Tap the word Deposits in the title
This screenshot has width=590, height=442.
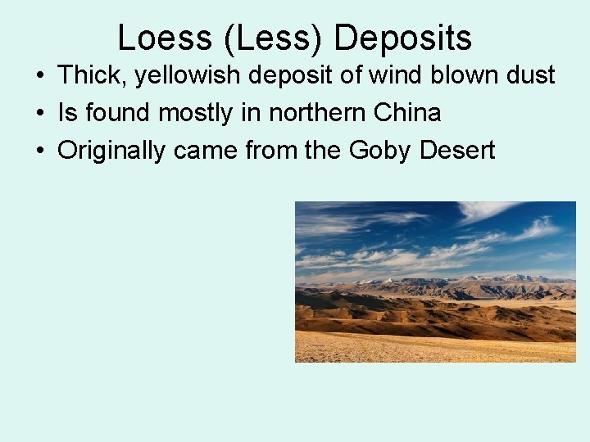pyautogui.click(x=403, y=38)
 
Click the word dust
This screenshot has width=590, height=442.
pyautogui.click(x=529, y=76)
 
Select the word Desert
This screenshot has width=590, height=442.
pyautogui.click(x=457, y=151)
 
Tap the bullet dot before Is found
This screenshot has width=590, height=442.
pyautogui.click(x=39, y=114)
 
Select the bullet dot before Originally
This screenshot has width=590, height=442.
pyautogui.click(x=39, y=151)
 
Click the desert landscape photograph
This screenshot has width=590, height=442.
pyautogui.click(x=435, y=282)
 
